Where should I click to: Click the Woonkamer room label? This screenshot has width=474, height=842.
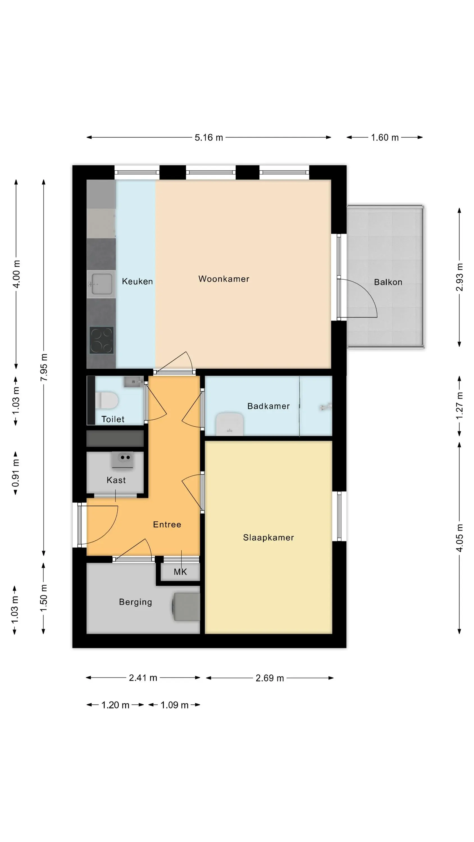(x=224, y=279)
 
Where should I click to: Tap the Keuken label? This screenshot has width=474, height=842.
(x=137, y=282)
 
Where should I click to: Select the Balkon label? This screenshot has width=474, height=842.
(x=388, y=282)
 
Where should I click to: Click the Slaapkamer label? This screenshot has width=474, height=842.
(x=268, y=538)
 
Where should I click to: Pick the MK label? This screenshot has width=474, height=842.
(x=180, y=572)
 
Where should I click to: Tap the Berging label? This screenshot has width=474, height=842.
(x=135, y=602)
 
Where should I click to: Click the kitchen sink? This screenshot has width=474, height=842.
(x=101, y=284)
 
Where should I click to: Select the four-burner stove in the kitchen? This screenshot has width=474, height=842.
(x=101, y=340)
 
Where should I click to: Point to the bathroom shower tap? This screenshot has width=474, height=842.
(x=326, y=407)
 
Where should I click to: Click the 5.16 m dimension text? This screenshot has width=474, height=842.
(x=209, y=138)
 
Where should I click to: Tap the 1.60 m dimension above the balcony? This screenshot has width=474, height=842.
(x=385, y=138)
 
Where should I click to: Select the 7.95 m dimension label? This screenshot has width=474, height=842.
(x=44, y=367)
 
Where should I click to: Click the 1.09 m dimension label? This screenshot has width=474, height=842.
(x=174, y=705)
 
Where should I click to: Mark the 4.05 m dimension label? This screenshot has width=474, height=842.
(x=460, y=538)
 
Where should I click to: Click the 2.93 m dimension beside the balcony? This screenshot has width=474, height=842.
(x=460, y=277)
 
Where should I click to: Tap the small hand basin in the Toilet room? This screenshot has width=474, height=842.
(x=133, y=381)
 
